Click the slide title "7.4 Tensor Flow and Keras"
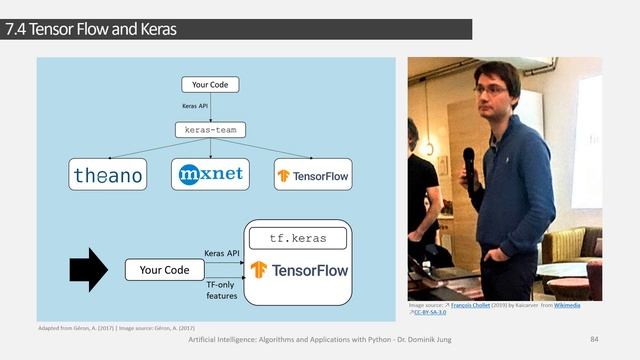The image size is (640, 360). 90,30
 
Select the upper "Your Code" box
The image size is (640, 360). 210,85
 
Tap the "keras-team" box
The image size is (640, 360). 210,129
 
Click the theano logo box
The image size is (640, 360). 108,175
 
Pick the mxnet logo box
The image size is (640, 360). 210,174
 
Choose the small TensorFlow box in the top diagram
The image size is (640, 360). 313,175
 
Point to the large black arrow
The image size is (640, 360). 89,269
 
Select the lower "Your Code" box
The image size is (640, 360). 164,270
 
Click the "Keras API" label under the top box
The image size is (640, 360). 195,106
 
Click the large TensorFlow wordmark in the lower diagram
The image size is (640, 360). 299,269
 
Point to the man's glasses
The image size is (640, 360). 490,89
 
